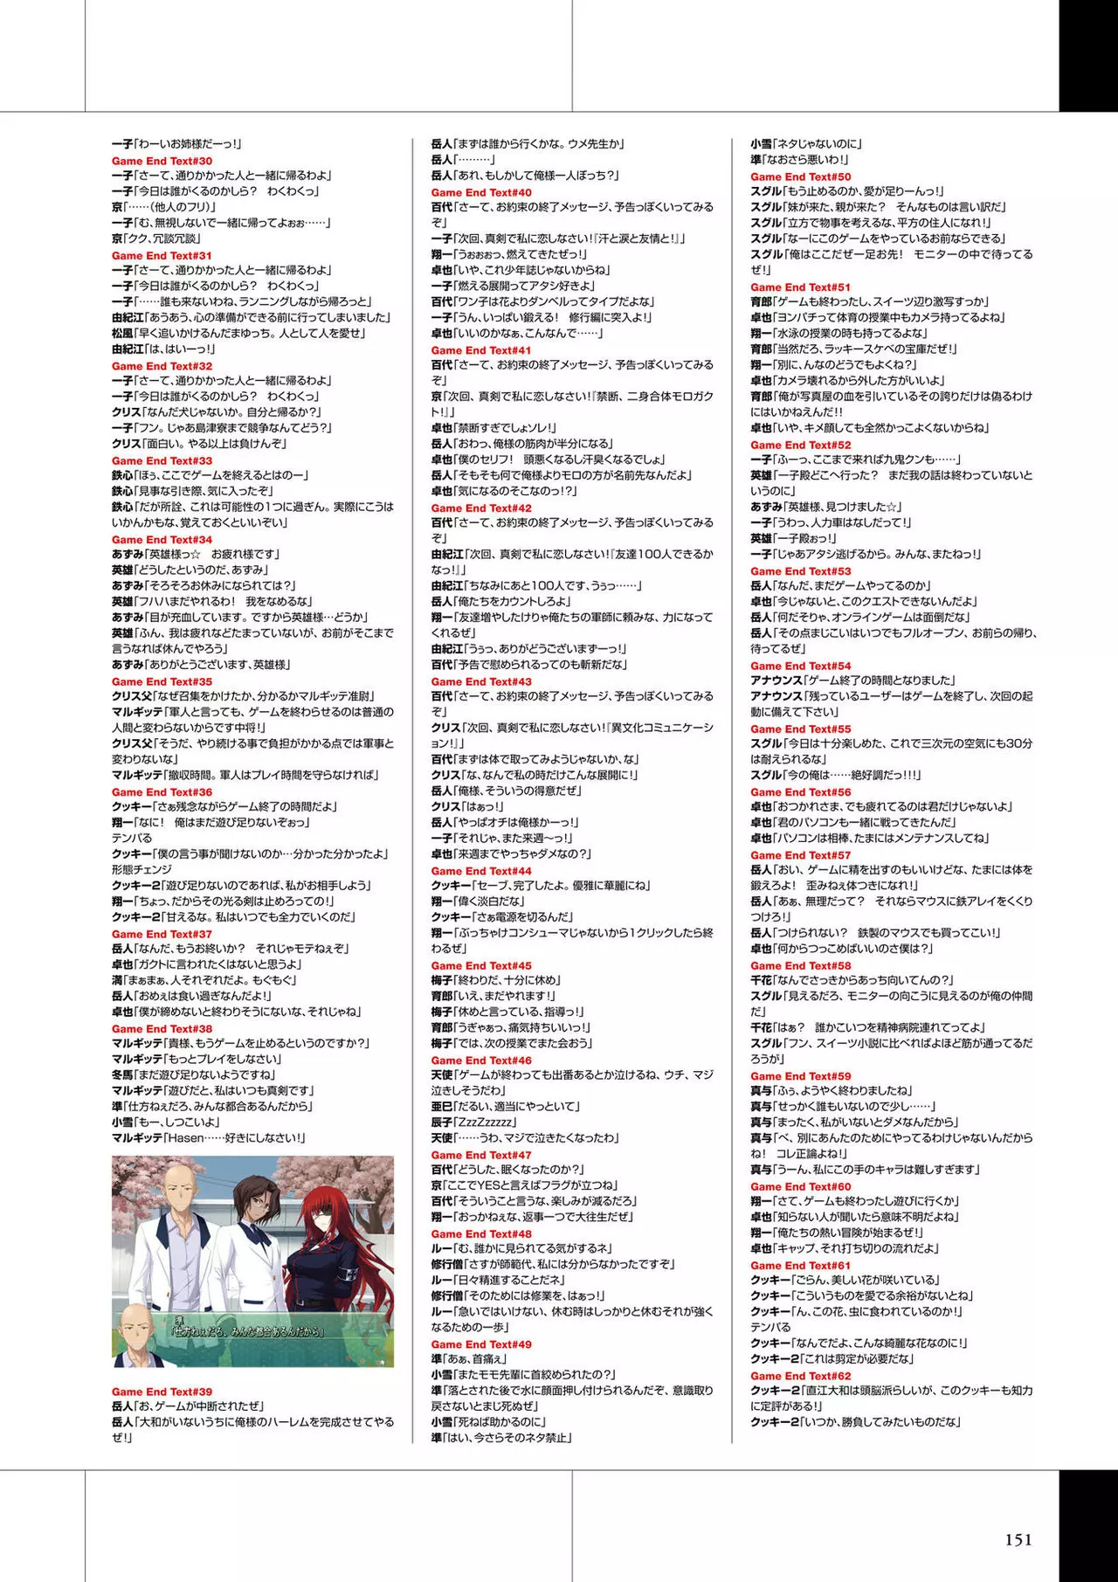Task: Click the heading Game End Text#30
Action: point(162,161)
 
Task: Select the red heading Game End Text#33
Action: point(162,460)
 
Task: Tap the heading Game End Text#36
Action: point(162,791)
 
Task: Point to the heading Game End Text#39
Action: point(162,1392)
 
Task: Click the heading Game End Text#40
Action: point(480,192)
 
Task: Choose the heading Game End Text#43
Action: point(480,681)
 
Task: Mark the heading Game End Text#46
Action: point(480,1060)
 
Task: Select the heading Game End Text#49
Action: point(480,1344)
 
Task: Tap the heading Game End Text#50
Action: point(800,176)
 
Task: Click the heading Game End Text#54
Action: point(800,666)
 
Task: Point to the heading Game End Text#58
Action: point(800,965)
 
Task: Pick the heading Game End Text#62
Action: point(800,1376)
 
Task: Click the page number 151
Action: point(1018,1540)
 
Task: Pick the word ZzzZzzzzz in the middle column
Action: point(486,1123)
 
